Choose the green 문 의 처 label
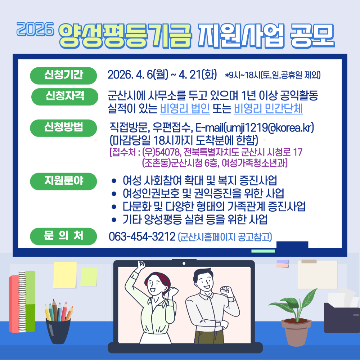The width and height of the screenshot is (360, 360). pos(64,236)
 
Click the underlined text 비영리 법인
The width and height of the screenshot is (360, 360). pos(185,108)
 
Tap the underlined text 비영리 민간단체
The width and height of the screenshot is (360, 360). pos(268,108)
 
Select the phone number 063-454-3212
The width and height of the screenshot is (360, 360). pos(142,237)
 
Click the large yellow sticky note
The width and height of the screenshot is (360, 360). pos(65,275)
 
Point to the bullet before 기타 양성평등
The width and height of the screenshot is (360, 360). pos(114,219)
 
